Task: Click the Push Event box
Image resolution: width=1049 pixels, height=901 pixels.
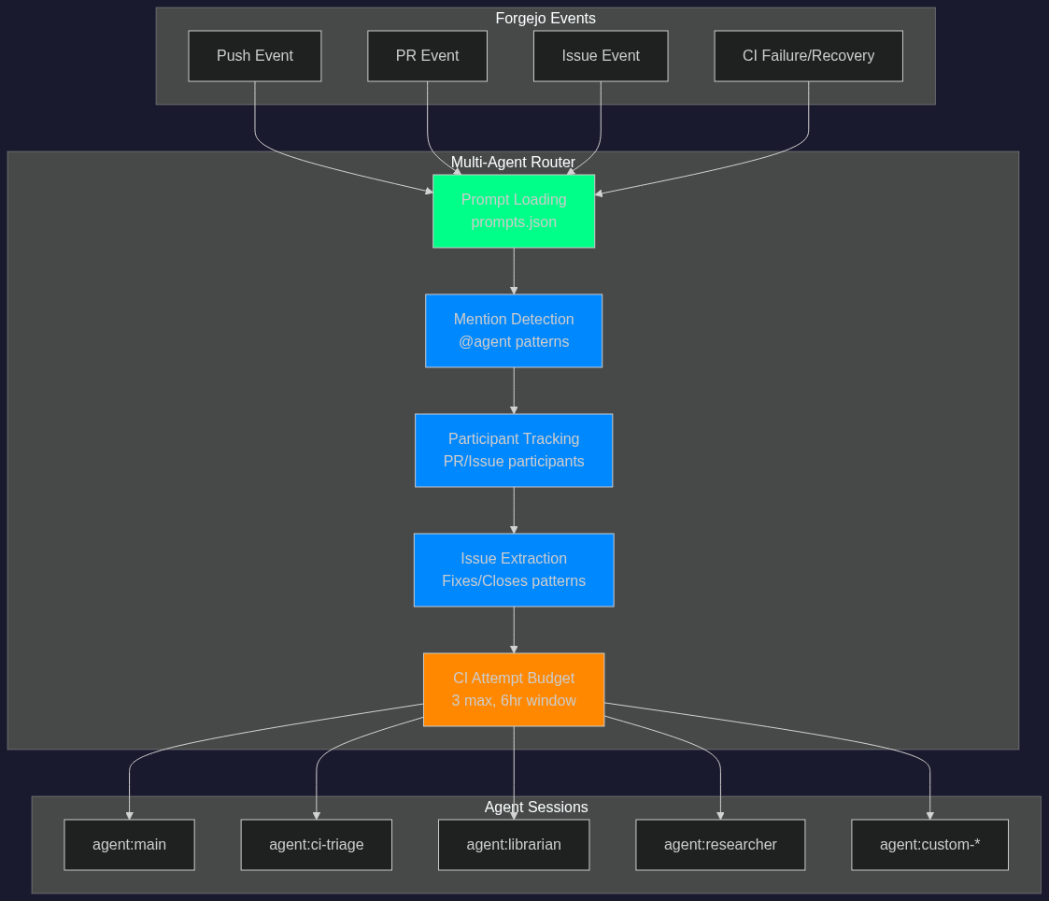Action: [x=255, y=56]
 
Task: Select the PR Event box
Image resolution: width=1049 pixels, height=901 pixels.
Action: [x=427, y=56]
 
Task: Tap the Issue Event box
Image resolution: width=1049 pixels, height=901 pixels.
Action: [x=601, y=56]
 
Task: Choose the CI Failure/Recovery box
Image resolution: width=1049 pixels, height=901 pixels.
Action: [x=808, y=56]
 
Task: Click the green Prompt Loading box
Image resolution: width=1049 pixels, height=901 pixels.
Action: [x=514, y=211]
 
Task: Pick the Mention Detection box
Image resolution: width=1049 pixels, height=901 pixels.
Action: [x=514, y=331]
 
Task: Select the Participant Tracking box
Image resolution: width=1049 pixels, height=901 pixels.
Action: [x=514, y=450]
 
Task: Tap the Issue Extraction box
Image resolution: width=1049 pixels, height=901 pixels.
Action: [x=514, y=570]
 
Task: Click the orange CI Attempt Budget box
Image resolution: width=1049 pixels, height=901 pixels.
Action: [x=514, y=690]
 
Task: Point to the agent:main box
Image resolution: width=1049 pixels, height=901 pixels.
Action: [x=129, y=845]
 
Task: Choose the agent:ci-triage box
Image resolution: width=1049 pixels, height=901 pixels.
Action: [x=316, y=845]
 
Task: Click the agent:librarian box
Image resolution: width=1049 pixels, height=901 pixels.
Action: [x=514, y=845]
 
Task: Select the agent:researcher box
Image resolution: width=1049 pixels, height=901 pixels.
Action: [x=720, y=845]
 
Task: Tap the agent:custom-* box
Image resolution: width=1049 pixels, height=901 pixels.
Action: [x=929, y=845]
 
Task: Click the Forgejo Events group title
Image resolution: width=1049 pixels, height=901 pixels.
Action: [x=546, y=18]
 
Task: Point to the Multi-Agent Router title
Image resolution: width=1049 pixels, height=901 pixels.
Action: [x=513, y=162]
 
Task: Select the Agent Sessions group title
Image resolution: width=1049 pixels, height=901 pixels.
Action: [x=536, y=807]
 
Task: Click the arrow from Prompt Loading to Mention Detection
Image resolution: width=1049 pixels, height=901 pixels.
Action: [x=514, y=271]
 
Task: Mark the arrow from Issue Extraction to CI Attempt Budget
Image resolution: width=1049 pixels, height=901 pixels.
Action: [x=514, y=630]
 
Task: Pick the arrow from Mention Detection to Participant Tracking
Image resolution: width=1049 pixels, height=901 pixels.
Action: [x=514, y=391]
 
